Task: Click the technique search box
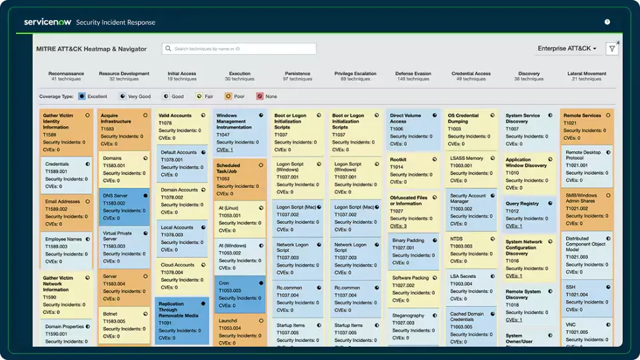(239, 49)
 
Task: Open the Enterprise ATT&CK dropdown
(567, 49)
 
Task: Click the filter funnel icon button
(611, 49)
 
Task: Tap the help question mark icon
(607, 22)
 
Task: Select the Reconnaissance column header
(66, 76)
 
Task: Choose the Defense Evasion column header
(413, 76)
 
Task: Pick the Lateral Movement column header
(586, 76)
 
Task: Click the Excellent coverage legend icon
(82, 97)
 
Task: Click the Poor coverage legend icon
(228, 97)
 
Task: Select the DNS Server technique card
(124, 207)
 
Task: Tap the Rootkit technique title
(399, 159)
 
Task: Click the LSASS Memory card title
(467, 159)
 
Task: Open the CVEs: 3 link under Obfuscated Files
(399, 226)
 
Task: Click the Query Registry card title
(522, 203)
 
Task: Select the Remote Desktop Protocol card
(587, 167)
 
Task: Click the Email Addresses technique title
(62, 201)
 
